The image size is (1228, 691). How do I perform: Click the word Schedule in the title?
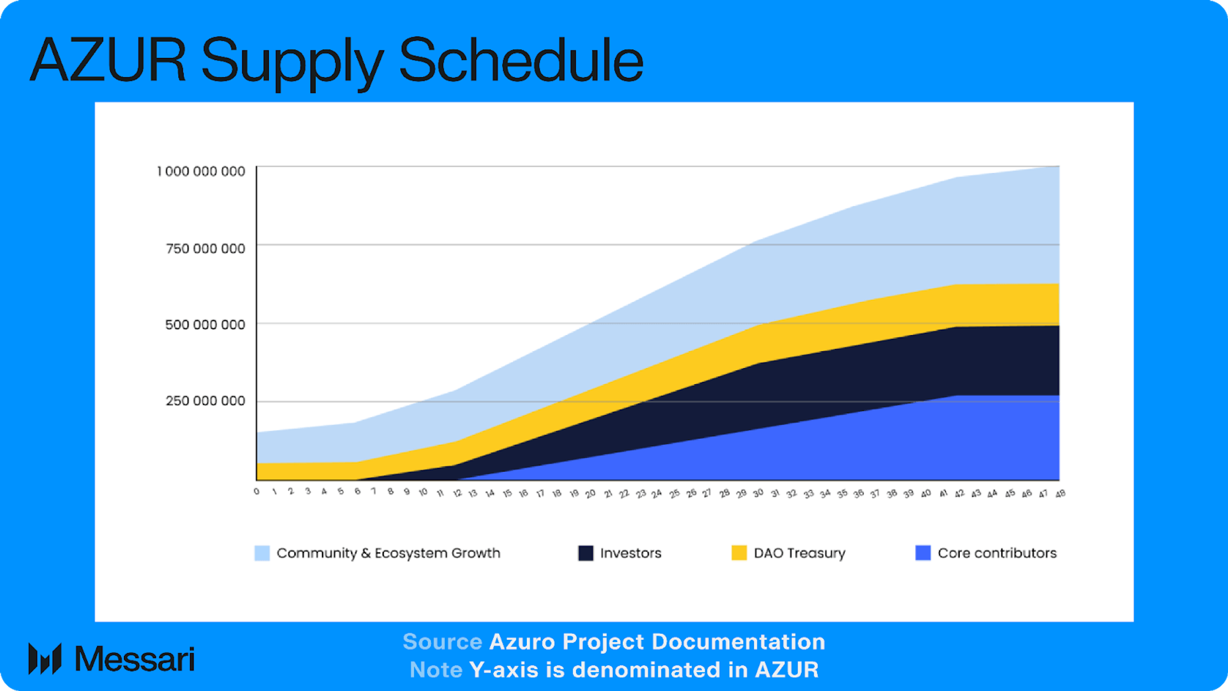click(521, 60)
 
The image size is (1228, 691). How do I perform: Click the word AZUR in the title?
click(108, 60)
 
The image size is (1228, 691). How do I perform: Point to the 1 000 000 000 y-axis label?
click(201, 171)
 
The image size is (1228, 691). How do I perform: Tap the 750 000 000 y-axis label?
click(205, 248)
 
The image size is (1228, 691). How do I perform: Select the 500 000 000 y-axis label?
click(205, 325)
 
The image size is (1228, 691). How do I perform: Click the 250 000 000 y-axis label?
click(205, 401)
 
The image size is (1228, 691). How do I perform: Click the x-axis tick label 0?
click(256, 491)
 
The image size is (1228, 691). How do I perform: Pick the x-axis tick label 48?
click(1060, 493)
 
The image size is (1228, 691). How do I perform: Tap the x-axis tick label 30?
click(758, 493)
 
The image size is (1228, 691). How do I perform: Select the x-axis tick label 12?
click(457, 493)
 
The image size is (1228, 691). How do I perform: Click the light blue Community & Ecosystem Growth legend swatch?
click(262, 553)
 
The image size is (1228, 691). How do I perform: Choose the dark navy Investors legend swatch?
click(585, 553)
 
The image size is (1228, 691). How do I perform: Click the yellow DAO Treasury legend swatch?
click(739, 553)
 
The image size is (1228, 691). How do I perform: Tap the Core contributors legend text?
click(996, 553)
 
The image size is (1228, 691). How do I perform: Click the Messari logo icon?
click(45, 659)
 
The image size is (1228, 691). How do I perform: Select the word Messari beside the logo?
click(135, 659)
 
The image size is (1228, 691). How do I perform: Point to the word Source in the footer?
click(442, 642)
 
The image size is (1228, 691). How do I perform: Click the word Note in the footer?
click(436, 670)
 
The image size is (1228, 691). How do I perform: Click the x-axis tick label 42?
click(959, 493)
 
